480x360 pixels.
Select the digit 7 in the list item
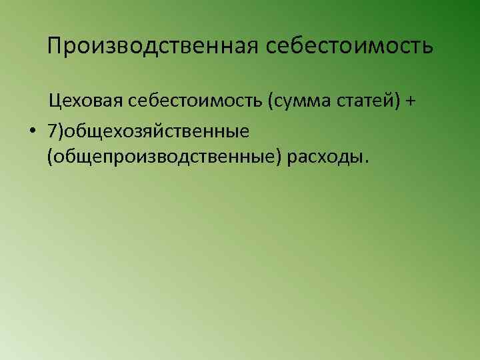52,131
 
